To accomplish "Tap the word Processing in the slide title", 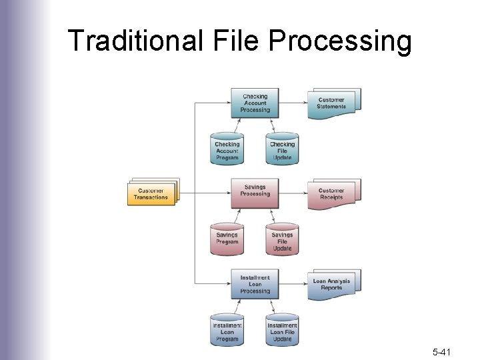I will click(340, 41).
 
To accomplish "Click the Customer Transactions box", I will click(152, 193).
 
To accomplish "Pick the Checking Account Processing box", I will click(255, 103).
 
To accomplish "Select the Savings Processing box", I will click(255, 191).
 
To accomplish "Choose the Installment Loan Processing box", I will click(255, 285).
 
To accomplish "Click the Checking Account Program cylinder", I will click(227, 150).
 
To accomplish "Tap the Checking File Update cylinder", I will click(282, 150).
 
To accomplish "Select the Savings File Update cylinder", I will click(282, 239).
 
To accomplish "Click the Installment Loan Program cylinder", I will click(227, 330).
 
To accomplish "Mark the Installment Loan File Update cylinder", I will click(282, 330).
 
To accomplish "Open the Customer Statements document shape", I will click(332, 103).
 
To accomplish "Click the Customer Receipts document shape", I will click(332, 193).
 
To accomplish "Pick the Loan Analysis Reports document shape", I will click(332, 284).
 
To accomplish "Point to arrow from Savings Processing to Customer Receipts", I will click(293, 193).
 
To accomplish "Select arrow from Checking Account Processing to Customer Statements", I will click(293, 103).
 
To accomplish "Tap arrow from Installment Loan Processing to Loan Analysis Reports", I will click(293, 284).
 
